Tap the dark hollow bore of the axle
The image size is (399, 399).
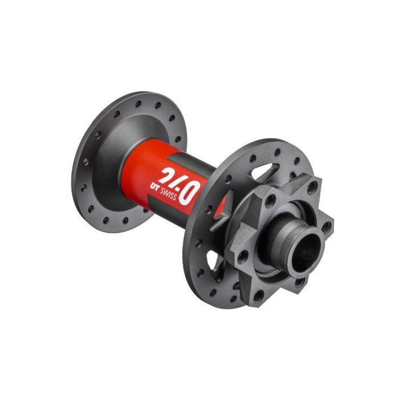pyautogui.click(x=306, y=251)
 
